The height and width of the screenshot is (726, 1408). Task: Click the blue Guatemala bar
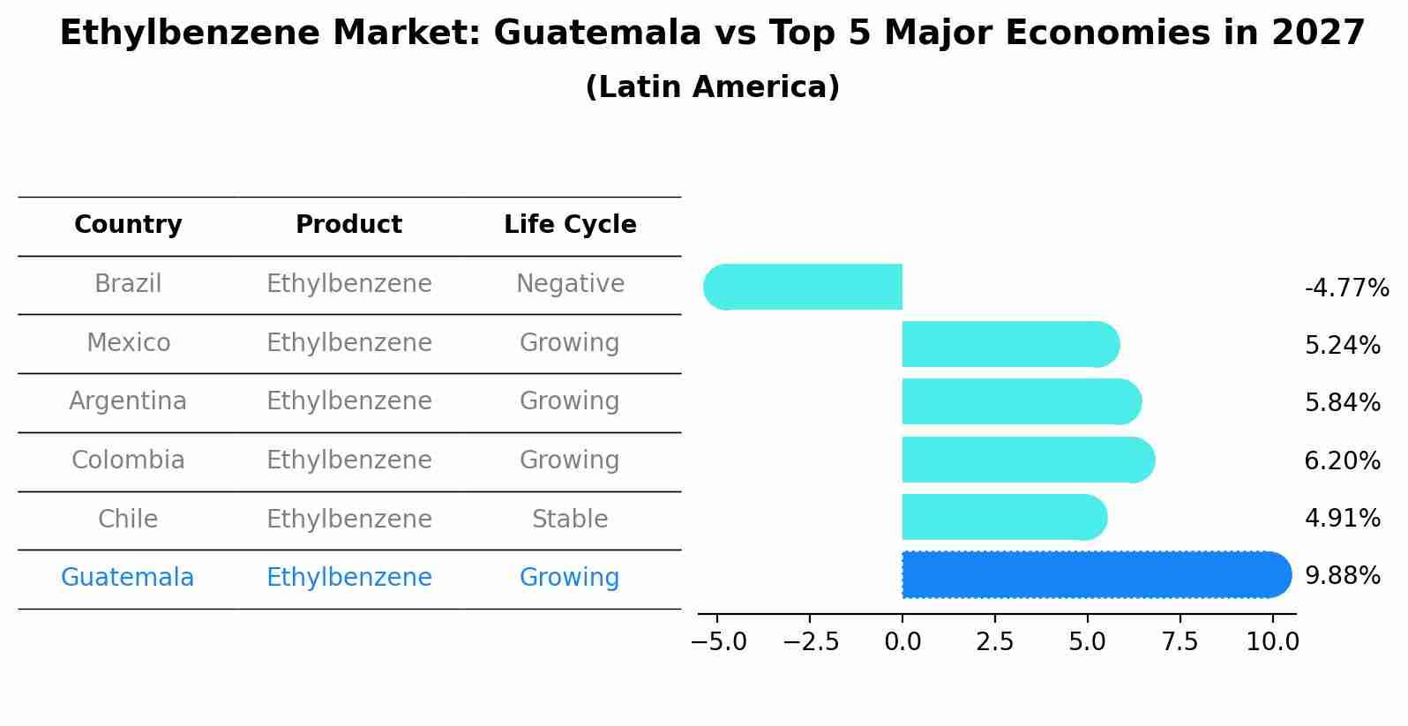click(x=1094, y=574)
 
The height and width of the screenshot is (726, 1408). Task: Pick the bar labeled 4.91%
click(x=1002, y=517)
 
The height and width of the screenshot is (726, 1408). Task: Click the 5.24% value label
click(x=1342, y=345)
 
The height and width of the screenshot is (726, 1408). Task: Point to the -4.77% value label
click(x=1346, y=288)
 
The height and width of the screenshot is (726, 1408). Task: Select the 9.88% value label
click(x=1342, y=575)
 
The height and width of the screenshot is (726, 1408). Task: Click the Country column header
click(x=128, y=225)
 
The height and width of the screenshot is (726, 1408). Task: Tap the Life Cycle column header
click(x=570, y=225)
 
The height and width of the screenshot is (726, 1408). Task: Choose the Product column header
click(x=348, y=225)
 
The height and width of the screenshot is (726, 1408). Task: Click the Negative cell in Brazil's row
click(x=570, y=284)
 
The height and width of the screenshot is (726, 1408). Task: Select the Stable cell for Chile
click(x=570, y=519)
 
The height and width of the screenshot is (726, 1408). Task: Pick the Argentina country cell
click(x=128, y=401)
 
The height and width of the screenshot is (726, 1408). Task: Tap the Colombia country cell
click(x=128, y=460)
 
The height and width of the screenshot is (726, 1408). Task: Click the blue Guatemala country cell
click(x=128, y=578)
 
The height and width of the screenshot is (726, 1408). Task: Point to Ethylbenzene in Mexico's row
click(x=348, y=342)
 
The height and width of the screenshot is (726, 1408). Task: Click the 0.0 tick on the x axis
click(x=902, y=641)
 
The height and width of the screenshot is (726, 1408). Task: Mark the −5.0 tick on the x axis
click(x=718, y=641)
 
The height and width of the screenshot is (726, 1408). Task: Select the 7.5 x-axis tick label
click(x=1180, y=641)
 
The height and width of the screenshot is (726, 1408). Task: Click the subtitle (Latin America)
click(x=712, y=87)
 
